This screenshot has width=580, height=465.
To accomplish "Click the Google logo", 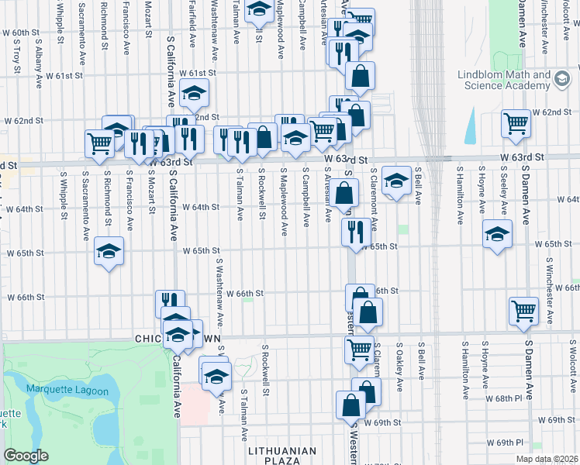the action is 26,456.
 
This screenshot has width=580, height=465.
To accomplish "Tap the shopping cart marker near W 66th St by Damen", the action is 524,310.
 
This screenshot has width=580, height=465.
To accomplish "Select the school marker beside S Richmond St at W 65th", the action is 109,251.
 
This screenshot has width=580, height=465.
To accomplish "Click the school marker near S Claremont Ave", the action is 396,181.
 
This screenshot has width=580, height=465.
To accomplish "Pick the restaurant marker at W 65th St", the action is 354,230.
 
